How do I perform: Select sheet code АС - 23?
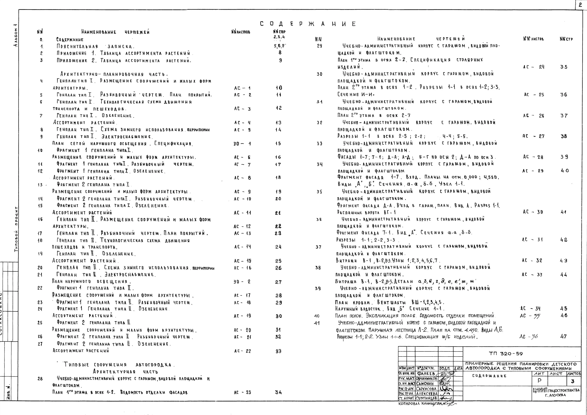[242, 392]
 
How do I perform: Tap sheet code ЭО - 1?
[242, 144]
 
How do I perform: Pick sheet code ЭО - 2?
[242, 282]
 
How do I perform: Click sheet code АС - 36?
[529, 337]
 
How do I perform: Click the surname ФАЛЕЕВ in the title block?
[426, 374]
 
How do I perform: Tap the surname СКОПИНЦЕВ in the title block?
[426, 398]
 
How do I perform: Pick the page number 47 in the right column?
[564, 337]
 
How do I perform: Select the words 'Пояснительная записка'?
[95, 47]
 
